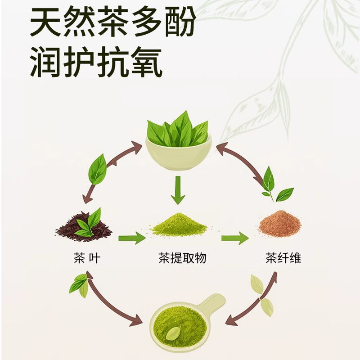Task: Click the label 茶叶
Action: (x=86, y=258)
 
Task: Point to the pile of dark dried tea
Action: (x=83, y=227)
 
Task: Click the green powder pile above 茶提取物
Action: (x=179, y=225)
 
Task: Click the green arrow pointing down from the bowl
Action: (x=179, y=189)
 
